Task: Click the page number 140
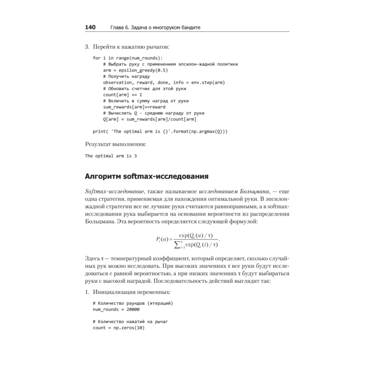[x=90, y=27]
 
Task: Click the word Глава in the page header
[x=117, y=28]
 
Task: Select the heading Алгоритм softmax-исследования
[x=146, y=176]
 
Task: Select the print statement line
[x=160, y=131]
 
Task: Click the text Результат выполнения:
[x=115, y=144]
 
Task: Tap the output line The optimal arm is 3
[x=111, y=156]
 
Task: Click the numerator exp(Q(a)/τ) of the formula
[x=196, y=235]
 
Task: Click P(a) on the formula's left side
[x=161, y=239]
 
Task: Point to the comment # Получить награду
[x=126, y=76]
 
